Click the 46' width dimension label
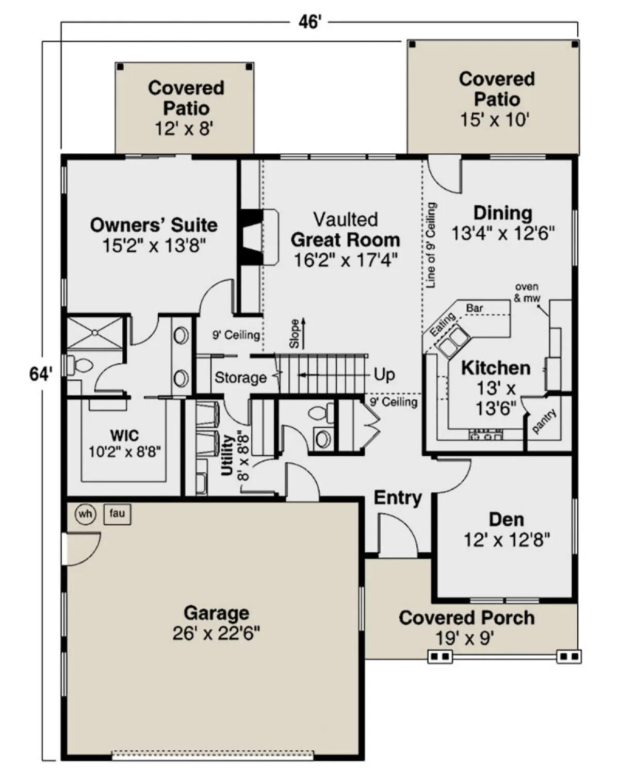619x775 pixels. click(x=309, y=22)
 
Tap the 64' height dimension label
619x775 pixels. click(x=41, y=374)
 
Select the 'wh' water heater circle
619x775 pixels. click(x=85, y=514)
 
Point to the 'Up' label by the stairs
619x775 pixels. click(x=384, y=375)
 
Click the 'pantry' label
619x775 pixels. click(x=544, y=421)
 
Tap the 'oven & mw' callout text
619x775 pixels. click(x=527, y=293)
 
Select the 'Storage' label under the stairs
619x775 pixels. click(x=240, y=378)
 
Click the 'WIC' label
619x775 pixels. click(x=125, y=435)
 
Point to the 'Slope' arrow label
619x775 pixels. click(x=295, y=333)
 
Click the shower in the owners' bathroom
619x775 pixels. click(x=95, y=333)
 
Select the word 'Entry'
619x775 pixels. click(x=398, y=498)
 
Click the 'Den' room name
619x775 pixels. click(x=507, y=520)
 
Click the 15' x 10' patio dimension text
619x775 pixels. click(x=495, y=120)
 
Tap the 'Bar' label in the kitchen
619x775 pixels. click(x=474, y=308)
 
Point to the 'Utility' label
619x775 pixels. click(x=227, y=455)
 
